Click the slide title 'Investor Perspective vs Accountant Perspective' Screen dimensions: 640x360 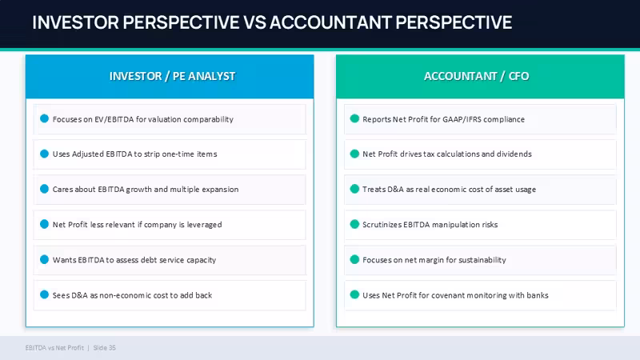point(272,22)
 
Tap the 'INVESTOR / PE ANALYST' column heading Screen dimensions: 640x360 point(172,76)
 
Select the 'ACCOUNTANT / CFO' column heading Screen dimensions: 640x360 point(476,76)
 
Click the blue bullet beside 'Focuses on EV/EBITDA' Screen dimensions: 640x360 point(45,118)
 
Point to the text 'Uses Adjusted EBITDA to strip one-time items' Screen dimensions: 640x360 point(134,154)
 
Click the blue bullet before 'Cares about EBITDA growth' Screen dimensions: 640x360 point(45,189)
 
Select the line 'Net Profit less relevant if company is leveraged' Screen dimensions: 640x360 point(137,225)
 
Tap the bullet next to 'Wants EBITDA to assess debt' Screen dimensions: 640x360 point(45,259)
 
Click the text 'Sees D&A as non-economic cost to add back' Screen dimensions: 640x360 point(132,295)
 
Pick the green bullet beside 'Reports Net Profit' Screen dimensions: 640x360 point(354,118)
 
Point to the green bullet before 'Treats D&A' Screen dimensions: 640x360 point(354,189)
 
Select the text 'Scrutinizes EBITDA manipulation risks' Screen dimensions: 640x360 point(430,225)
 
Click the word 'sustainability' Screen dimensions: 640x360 point(482,260)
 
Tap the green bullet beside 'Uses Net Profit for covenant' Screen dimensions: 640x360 point(354,294)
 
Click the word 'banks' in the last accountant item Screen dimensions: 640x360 point(538,295)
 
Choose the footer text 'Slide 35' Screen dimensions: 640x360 point(105,348)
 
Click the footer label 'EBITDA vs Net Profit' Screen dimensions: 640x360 point(54,348)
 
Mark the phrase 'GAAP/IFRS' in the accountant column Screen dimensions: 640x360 point(462,119)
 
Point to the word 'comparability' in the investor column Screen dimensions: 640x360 point(208,119)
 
